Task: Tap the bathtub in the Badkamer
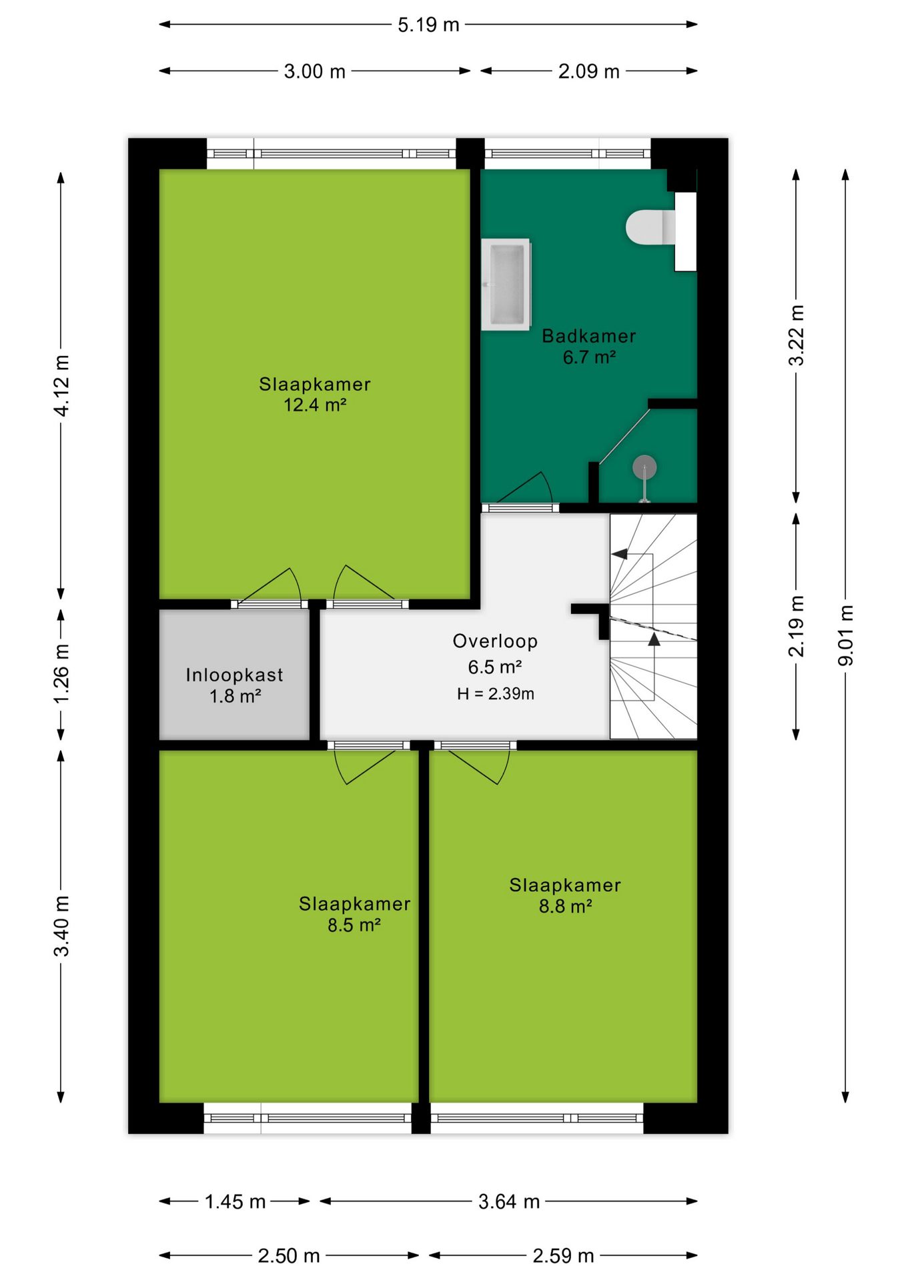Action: (x=506, y=284)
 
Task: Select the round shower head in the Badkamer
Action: (x=644, y=467)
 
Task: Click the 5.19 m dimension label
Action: (x=428, y=25)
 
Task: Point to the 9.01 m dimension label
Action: (x=845, y=635)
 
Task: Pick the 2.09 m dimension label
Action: (x=588, y=71)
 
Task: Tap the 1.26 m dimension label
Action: (x=61, y=673)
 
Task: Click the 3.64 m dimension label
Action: (x=509, y=1201)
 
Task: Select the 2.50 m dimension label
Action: (x=289, y=1255)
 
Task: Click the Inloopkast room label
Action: (x=234, y=675)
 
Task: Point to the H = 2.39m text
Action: (x=496, y=693)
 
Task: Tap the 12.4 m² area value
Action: (x=315, y=405)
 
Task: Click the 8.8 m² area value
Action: (x=565, y=906)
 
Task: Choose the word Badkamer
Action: (x=588, y=336)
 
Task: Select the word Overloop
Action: (x=495, y=641)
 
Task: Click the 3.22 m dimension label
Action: (x=796, y=335)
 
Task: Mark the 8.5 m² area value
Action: (x=354, y=925)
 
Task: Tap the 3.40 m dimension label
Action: (x=61, y=926)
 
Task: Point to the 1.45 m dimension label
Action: (x=235, y=1201)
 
